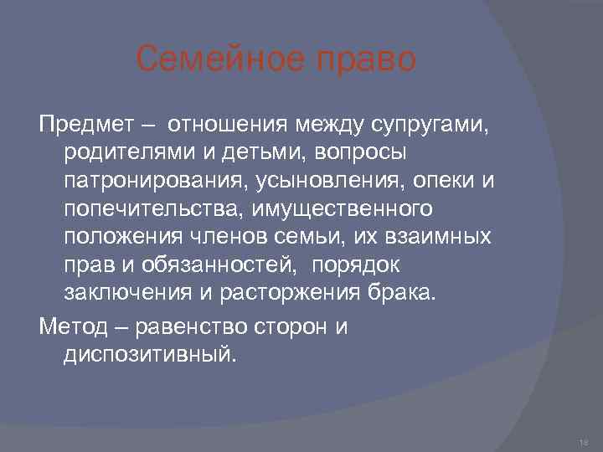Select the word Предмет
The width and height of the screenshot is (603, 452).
[x=86, y=126]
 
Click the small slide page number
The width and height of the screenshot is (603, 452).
[x=584, y=439]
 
